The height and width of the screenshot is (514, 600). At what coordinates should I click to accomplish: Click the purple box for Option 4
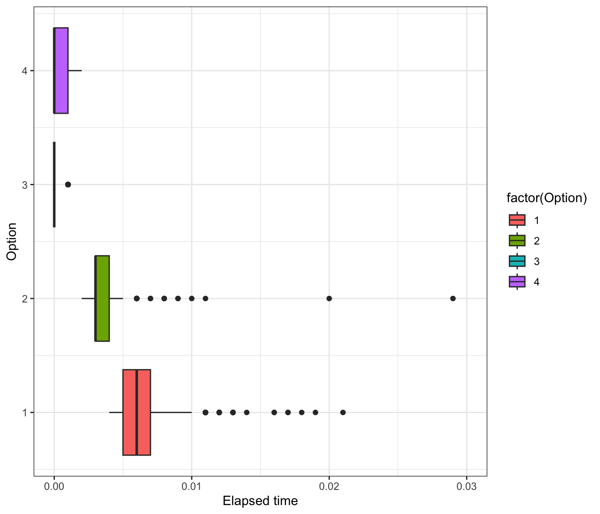click(61, 70)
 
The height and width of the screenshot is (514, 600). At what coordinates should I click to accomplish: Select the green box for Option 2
click(102, 298)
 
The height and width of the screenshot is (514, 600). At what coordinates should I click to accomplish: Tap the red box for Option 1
click(137, 412)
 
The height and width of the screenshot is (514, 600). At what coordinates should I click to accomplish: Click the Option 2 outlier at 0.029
click(453, 298)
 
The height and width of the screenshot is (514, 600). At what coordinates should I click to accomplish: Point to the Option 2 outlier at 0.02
click(329, 298)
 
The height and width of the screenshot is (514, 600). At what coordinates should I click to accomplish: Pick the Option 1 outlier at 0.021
click(343, 412)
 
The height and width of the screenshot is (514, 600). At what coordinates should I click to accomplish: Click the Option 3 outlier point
click(68, 184)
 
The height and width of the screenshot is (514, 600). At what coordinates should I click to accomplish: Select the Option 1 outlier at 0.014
click(246, 412)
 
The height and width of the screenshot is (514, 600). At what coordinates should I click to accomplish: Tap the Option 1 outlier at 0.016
click(274, 412)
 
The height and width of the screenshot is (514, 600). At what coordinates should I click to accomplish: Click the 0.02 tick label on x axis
click(329, 486)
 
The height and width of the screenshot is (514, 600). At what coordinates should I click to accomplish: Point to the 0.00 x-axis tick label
click(54, 486)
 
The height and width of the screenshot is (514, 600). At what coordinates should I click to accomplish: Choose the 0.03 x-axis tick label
click(467, 486)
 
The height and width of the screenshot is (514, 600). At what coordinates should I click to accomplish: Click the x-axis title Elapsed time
click(260, 501)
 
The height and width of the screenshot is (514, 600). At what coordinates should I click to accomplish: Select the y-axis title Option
click(12, 241)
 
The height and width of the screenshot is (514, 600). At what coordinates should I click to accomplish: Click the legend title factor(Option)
click(546, 198)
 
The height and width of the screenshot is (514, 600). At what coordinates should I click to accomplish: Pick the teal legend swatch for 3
click(517, 261)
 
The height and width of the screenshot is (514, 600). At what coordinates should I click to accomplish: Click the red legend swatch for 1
click(517, 220)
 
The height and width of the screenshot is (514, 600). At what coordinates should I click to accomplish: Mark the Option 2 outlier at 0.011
click(205, 298)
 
